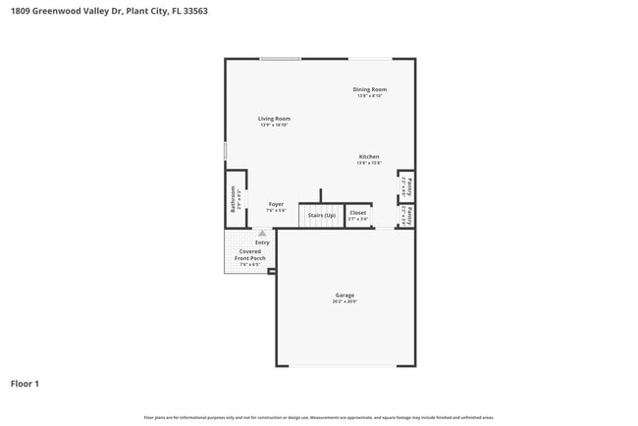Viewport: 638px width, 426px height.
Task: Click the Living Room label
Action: pyautogui.click(x=275, y=119)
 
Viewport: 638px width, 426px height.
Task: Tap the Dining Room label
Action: pyautogui.click(x=369, y=89)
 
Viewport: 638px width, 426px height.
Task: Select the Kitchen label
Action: pyautogui.click(x=369, y=157)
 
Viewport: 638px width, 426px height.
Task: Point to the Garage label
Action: pyautogui.click(x=345, y=294)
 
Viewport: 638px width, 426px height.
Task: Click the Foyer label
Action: pyautogui.click(x=277, y=204)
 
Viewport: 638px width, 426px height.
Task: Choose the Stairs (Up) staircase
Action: pyautogui.click(x=321, y=214)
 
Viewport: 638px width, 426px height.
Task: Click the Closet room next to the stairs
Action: pyautogui.click(x=358, y=214)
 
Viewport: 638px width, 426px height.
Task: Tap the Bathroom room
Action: pyautogui.click(x=234, y=199)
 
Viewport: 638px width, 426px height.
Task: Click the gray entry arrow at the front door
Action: pyautogui.click(x=261, y=234)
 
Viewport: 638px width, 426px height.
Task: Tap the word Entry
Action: pyautogui.click(x=262, y=242)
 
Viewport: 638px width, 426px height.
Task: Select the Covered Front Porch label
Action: pyautogui.click(x=250, y=255)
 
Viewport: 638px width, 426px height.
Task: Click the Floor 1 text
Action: pyautogui.click(x=26, y=384)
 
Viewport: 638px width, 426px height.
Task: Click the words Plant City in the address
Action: pyautogui.click(x=141, y=12)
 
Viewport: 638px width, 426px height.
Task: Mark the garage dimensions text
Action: pyautogui.click(x=345, y=301)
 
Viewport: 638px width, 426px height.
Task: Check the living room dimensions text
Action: pyautogui.click(x=275, y=125)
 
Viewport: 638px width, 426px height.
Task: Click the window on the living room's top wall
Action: pyautogui.click(x=280, y=59)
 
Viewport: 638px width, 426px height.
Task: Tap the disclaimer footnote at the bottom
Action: pyautogui.click(x=319, y=418)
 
